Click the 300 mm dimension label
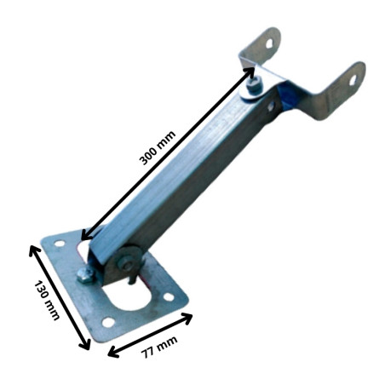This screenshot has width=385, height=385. tap(158, 147)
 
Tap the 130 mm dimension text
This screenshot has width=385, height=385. tap(47, 301)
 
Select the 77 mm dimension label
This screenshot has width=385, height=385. tap(159, 347)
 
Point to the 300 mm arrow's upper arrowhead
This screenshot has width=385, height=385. tap(250, 72)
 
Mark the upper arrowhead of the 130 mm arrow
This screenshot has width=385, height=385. tap(34, 250)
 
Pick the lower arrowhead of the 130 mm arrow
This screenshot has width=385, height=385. tap(85, 344)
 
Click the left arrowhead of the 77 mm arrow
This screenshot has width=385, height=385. tap(113, 352)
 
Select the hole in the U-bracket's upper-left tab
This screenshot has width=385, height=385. tap(269, 43)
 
